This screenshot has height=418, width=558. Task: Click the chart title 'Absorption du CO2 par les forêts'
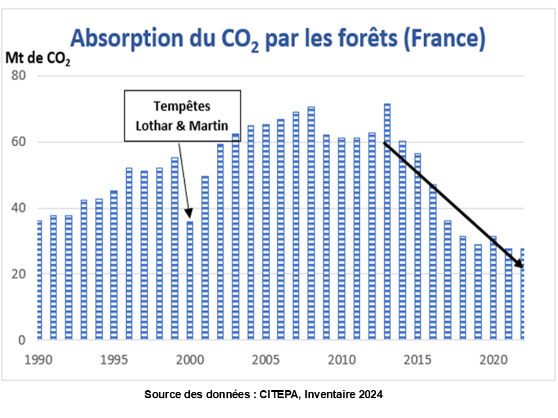pyautogui.click(x=278, y=39)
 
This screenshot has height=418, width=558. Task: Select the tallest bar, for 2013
pyautogui.click(x=387, y=221)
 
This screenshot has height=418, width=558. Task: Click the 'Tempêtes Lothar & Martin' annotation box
pyautogui.click(x=182, y=116)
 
